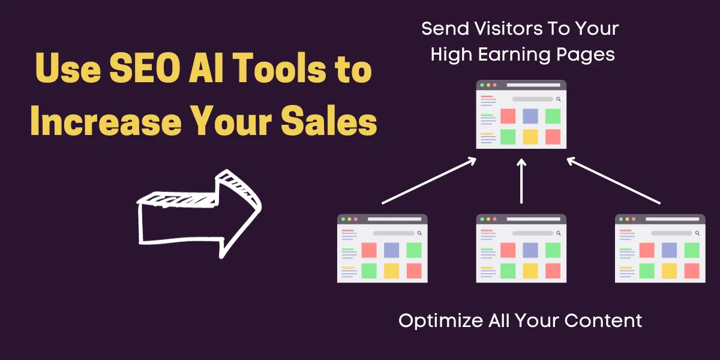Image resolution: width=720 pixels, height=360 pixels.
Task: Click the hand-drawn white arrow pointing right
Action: point(198,213)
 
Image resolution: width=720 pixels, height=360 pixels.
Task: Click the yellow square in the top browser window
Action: point(530,137)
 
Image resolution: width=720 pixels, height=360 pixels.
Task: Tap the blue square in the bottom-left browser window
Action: point(391,250)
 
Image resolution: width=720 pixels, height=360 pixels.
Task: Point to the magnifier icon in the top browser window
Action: point(558,99)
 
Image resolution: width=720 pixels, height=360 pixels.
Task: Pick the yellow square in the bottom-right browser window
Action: point(669,271)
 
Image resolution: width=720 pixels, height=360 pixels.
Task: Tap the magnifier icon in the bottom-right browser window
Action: point(697,233)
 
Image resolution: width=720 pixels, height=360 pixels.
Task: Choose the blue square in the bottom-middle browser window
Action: point(530,250)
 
